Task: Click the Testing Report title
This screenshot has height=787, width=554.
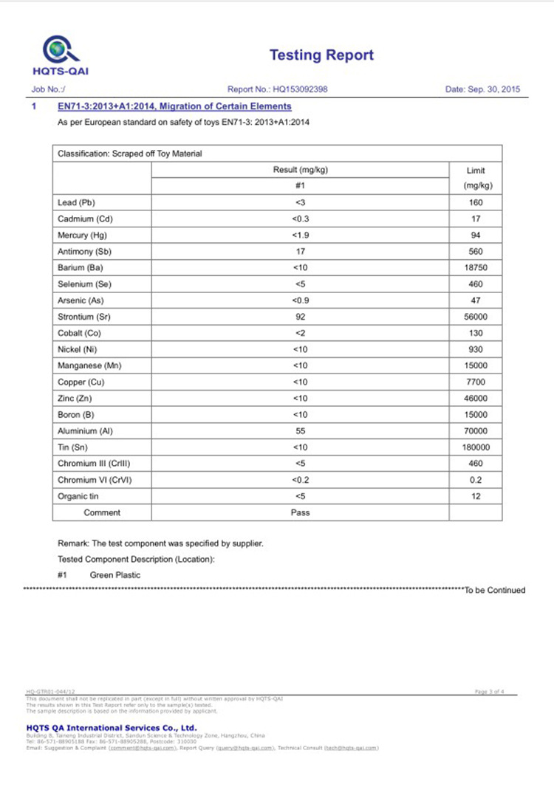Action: pyautogui.click(x=321, y=55)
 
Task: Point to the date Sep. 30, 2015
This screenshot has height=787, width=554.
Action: pyautogui.click(x=483, y=89)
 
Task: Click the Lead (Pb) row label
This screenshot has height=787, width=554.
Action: pyautogui.click(x=76, y=202)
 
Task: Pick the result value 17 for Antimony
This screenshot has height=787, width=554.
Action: pyautogui.click(x=301, y=252)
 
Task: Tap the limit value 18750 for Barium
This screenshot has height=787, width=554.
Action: pyautogui.click(x=476, y=268)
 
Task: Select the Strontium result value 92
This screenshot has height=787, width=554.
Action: pyautogui.click(x=301, y=317)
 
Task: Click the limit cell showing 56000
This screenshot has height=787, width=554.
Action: pyautogui.click(x=476, y=317)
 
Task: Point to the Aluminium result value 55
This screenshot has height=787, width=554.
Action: pyautogui.click(x=301, y=431)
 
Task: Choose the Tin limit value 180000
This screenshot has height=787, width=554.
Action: pyautogui.click(x=476, y=447)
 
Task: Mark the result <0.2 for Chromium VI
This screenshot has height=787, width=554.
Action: pyautogui.click(x=301, y=480)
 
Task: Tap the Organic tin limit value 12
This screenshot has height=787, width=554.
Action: pyautogui.click(x=476, y=496)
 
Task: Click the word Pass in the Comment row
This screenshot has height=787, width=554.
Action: pyautogui.click(x=301, y=512)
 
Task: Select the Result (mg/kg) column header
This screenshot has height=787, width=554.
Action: pyautogui.click(x=301, y=170)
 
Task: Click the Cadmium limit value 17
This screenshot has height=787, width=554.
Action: pyautogui.click(x=476, y=219)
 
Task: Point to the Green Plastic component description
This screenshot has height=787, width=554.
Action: pyautogui.click(x=115, y=574)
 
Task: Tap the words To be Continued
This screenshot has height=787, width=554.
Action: pyautogui.click(x=494, y=590)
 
